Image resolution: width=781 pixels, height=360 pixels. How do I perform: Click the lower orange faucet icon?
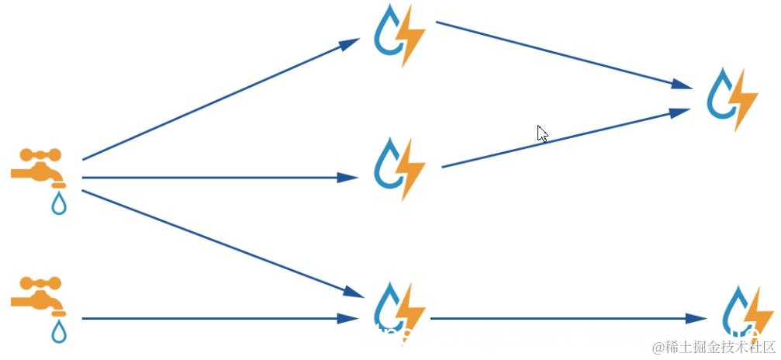(37, 295)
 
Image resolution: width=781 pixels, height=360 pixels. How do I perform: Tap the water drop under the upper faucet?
(59, 204)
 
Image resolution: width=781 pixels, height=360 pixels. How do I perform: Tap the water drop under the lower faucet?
(59, 331)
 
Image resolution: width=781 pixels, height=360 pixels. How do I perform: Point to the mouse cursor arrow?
(542, 133)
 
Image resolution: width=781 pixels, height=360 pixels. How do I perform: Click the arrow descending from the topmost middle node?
(563, 54)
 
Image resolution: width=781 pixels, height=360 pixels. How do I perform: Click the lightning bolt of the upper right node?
(745, 99)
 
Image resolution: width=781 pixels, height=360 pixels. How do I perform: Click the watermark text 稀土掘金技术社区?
(713, 346)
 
